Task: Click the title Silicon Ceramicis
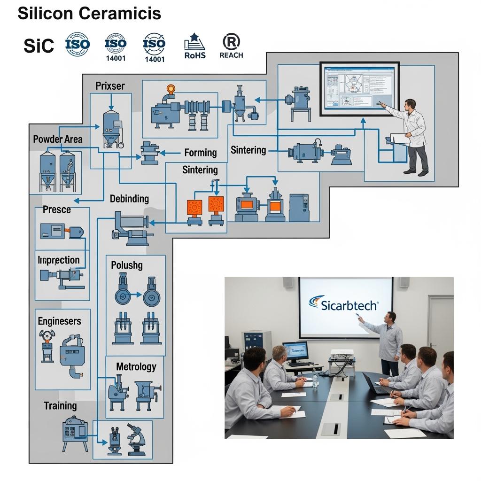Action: click(x=89, y=14)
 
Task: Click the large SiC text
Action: click(x=39, y=46)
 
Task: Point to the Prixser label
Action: click(x=110, y=86)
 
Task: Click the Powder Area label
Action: click(x=58, y=139)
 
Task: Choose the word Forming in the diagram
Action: click(x=200, y=153)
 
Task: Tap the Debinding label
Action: click(x=129, y=199)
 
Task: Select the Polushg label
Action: click(x=127, y=265)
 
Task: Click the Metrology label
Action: click(x=136, y=366)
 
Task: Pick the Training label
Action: click(x=60, y=405)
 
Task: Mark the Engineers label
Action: click(x=59, y=321)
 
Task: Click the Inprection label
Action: click(x=59, y=260)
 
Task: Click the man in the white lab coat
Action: click(x=411, y=136)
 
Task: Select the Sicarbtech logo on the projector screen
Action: click(x=344, y=304)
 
